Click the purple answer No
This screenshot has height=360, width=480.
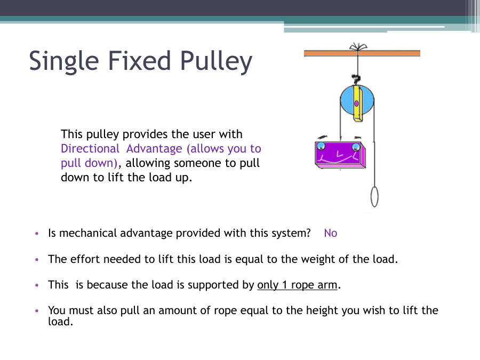(x=331, y=233)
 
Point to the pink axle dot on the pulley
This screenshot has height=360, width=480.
(x=357, y=103)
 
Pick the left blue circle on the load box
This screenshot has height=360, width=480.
(x=321, y=146)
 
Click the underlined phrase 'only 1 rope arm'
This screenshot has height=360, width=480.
(x=297, y=285)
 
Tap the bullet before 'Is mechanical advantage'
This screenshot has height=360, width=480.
(x=37, y=234)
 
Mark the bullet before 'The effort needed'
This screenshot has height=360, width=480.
(x=37, y=260)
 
